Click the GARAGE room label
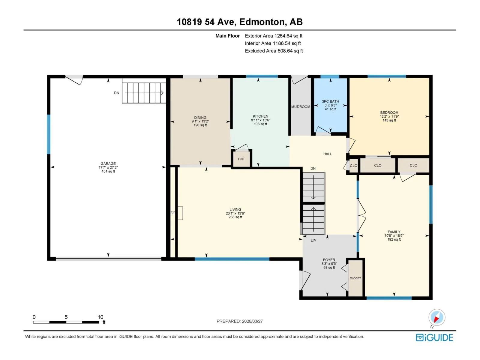pyautogui.click(x=108, y=163)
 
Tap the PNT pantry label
pyautogui.click(x=241, y=159)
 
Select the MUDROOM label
pyautogui.click(x=301, y=107)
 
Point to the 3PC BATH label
pyautogui.click(x=330, y=101)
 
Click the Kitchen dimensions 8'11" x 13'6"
pyautogui.click(x=260, y=120)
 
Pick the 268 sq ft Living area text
pyautogui.click(x=235, y=217)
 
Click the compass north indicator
pyautogui.click(x=437, y=317)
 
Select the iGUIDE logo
pyautogui.click(x=434, y=338)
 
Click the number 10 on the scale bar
pyautogui.click(x=100, y=317)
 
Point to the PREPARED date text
pyautogui.click(x=240, y=321)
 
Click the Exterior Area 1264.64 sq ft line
pyautogui.click(x=274, y=36)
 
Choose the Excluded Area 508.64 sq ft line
pyautogui.click(x=274, y=51)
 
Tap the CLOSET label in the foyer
pyautogui.click(x=355, y=278)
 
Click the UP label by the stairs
pyautogui.click(x=313, y=241)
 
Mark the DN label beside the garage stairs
pyautogui.click(x=117, y=93)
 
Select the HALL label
pyautogui.click(x=328, y=154)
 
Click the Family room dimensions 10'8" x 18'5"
pyautogui.click(x=394, y=235)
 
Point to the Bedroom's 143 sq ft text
pyautogui.click(x=389, y=120)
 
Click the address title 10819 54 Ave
pyautogui.click(x=206, y=22)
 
